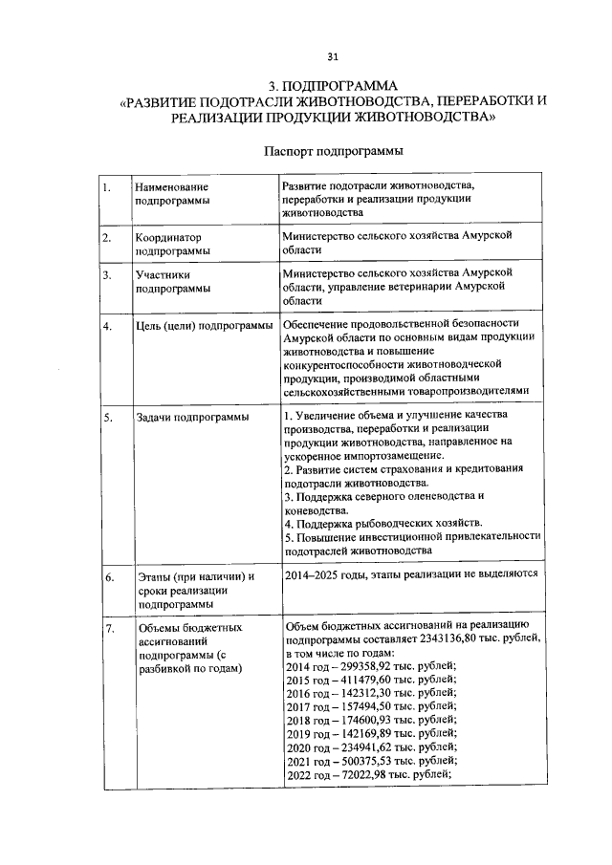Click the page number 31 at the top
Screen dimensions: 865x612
[x=305, y=55]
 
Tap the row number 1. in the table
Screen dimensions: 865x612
[x=108, y=187]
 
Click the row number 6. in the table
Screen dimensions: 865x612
[x=109, y=577]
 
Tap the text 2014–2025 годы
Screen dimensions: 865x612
[x=325, y=574]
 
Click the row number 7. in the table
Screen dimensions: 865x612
[x=109, y=627]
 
